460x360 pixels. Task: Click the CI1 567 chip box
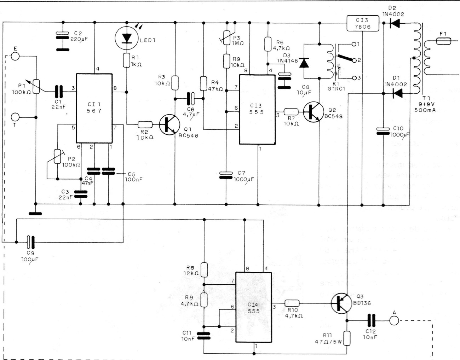[94, 108]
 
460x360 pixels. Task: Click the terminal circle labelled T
[15, 117]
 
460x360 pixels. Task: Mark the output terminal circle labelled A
[394, 321]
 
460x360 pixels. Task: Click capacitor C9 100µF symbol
[31, 242]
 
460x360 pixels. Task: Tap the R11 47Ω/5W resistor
[347, 338]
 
